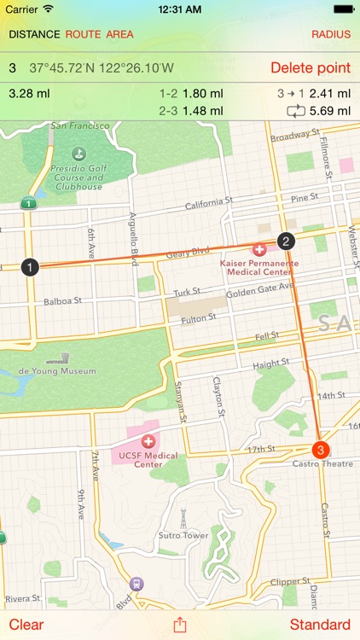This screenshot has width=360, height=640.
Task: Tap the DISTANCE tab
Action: click(x=34, y=35)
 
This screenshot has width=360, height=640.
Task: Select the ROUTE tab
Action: click(x=83, y=35)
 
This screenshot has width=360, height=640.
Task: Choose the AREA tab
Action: click(x=120, y=35)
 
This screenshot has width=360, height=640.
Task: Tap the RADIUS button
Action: click(x=331, y=35)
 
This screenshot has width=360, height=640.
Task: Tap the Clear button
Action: click(x=26, y=625)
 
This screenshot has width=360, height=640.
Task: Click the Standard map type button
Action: click(x=320, y=625)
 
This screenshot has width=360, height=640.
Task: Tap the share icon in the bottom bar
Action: click(x=180, y=624)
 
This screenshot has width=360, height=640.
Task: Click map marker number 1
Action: click(x=31, y=268)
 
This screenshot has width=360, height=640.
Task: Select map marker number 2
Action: click(x=287, y=241)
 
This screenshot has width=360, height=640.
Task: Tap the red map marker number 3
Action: click(x=321, y=450)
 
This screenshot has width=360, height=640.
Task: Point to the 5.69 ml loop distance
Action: click(x=331, y=111)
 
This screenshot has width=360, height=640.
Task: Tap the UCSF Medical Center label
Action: click(x=149, y=460)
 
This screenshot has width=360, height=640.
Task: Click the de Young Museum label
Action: click(x=58, y=371)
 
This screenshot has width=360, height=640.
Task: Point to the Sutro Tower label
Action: click(x=183, y=535)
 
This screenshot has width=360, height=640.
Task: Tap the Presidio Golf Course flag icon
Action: click(x=78, y=154)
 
